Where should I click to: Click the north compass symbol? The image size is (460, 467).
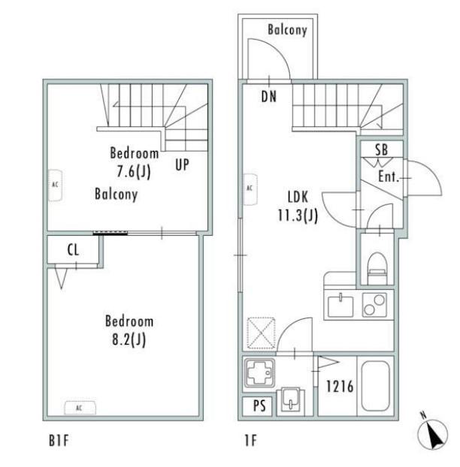(x=433, y=434)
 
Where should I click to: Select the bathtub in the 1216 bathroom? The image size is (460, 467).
(x=375, y=386)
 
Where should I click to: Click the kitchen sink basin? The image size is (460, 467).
(x=340, y=306)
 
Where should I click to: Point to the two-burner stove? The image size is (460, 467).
(x=375, y=305)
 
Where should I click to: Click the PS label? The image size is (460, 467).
(x=259, y=405)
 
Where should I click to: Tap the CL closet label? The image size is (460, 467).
(x=74, y=250)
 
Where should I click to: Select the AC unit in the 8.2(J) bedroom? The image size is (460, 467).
(x=80, y=407)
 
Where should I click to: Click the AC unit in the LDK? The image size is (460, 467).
(x=250, y=189)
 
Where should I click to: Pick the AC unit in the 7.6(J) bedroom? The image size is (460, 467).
(x=56, y=185)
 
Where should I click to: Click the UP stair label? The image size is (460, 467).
(x=182, y=164)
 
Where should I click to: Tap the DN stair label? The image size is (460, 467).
(x=269, y=97)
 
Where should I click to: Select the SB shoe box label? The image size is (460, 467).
(x=382, y=150)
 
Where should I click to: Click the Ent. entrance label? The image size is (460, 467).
(x=389, y=176)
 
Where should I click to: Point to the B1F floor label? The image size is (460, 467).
(x=59, y=441)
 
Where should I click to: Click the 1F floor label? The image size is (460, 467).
(x=250, y=441)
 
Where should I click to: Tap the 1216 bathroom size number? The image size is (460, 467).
(x=340, y=386)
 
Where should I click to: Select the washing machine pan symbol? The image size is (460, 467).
(x=259, y=375)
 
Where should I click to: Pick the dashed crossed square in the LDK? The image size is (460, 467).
(x=261, y=333)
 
